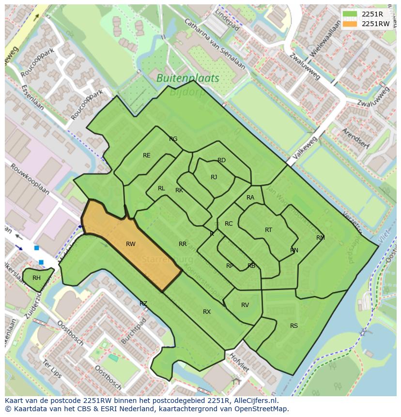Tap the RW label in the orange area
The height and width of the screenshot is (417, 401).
pyautogui.click(x=131, y=244)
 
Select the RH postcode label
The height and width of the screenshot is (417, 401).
pyautogui.click(x=36, y=278)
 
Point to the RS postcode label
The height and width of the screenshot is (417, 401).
pyautogui.click(x=294, y=326)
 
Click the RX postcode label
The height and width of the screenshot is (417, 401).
pyautogui.click(x=207, y=312)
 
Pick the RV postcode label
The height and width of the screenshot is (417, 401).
pyautogui.click(x=245, y=305)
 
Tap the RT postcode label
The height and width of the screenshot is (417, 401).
pyautogui.click(x=268, y=230)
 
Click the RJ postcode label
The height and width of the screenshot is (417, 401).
pyautogui.click(x=214, y=177)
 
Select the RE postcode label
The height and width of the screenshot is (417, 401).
pyautogui.click(x=147, y=155)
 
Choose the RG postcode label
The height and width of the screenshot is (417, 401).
pyautogui.click(x=173, y=139)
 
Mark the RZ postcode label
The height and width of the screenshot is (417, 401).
pyautogui.click(x=143, y=304)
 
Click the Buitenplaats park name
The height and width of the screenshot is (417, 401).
pyautogui.click(x=188, y=78)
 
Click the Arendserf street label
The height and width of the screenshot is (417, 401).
pyautogui.click(x=355, y=139)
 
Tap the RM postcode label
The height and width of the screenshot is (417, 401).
pyautogui.click(x=321, y=238)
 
